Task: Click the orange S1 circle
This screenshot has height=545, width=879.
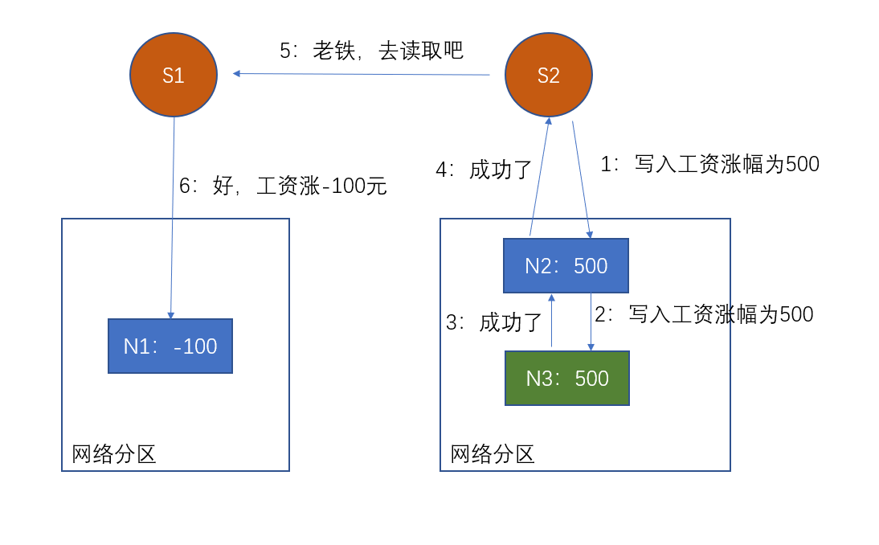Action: pyautogui.click(x=174, y=75)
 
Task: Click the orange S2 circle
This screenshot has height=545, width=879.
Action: pyautogui.click(x=549, y=75)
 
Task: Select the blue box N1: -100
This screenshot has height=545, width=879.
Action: pyautogui.click(x=170, y=346)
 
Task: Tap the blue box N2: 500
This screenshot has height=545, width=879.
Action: pyautogui.click(x=566, y=266)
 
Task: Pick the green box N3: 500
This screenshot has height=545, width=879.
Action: pyautogui.click(x=566, y=379)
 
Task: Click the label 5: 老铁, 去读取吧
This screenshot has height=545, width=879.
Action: pyautogui.click(x=371, y=51)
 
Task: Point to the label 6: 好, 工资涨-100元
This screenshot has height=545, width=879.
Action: pyautogui.click(x=283, y=186)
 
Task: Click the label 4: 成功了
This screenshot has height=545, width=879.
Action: pyautogui.click(x=484, y=170)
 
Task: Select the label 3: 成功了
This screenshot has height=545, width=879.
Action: pyautogui.click(x=494, y=323)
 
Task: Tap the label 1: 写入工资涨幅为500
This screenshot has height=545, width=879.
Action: pyautogui.click(x=709, y=165)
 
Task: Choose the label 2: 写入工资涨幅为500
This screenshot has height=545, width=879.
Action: pyautogui.click(x=704, y=314)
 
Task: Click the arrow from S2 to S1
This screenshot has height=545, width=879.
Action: pyautogui.click(x=362, y=74)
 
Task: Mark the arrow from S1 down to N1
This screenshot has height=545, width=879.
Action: pyautogui.click(x=173, y=217)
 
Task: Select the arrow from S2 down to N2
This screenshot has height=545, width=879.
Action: pyautogui.click(x=581, y=179)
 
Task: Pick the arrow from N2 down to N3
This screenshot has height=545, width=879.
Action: pyautogui.click(x=591, y=322)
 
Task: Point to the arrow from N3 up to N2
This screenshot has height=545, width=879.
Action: pyautogui.click(x=551, y=321)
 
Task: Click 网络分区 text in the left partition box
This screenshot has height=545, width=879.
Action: pyautogui.click(x=113, y=455)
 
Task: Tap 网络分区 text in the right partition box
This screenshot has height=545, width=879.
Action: pyautogui.click(x=493, y=455)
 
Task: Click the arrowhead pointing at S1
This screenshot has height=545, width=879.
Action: pyautogui.click(x=237, y=73)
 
